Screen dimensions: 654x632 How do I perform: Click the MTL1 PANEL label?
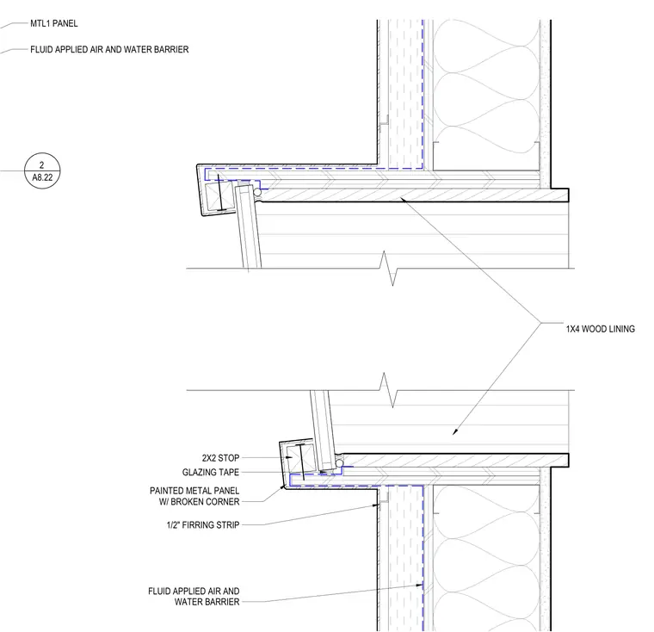click(54, 23)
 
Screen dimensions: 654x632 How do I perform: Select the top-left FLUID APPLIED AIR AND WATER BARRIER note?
click(109, 50)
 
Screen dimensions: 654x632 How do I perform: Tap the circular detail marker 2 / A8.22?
click(42, 170)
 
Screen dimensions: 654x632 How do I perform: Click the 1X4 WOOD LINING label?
click(600, 329)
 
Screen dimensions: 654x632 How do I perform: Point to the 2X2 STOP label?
click(220, 458)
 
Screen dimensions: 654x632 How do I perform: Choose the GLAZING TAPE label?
click(211, 472)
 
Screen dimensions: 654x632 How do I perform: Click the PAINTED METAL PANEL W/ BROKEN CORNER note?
click(194, 496)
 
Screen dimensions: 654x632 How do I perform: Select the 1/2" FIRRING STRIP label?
click(203, 524)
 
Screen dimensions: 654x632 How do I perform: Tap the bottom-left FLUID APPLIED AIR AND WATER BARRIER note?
click(194, 596)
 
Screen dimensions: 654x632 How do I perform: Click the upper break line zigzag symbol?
click(389, 269)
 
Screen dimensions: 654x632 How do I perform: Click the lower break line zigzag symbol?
click(389, 390)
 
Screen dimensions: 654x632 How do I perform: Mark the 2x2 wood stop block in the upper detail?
click(218, 196)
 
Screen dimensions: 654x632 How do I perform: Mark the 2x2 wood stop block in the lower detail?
click(300, 458)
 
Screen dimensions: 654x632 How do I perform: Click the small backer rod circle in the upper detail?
click(257, 192)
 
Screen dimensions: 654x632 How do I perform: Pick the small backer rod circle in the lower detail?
click(340, 463)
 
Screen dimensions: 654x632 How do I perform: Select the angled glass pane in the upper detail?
click(248, 227)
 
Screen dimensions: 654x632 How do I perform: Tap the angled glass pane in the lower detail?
click(323, 431)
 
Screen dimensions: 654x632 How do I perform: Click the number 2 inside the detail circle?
click(41, 165)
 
